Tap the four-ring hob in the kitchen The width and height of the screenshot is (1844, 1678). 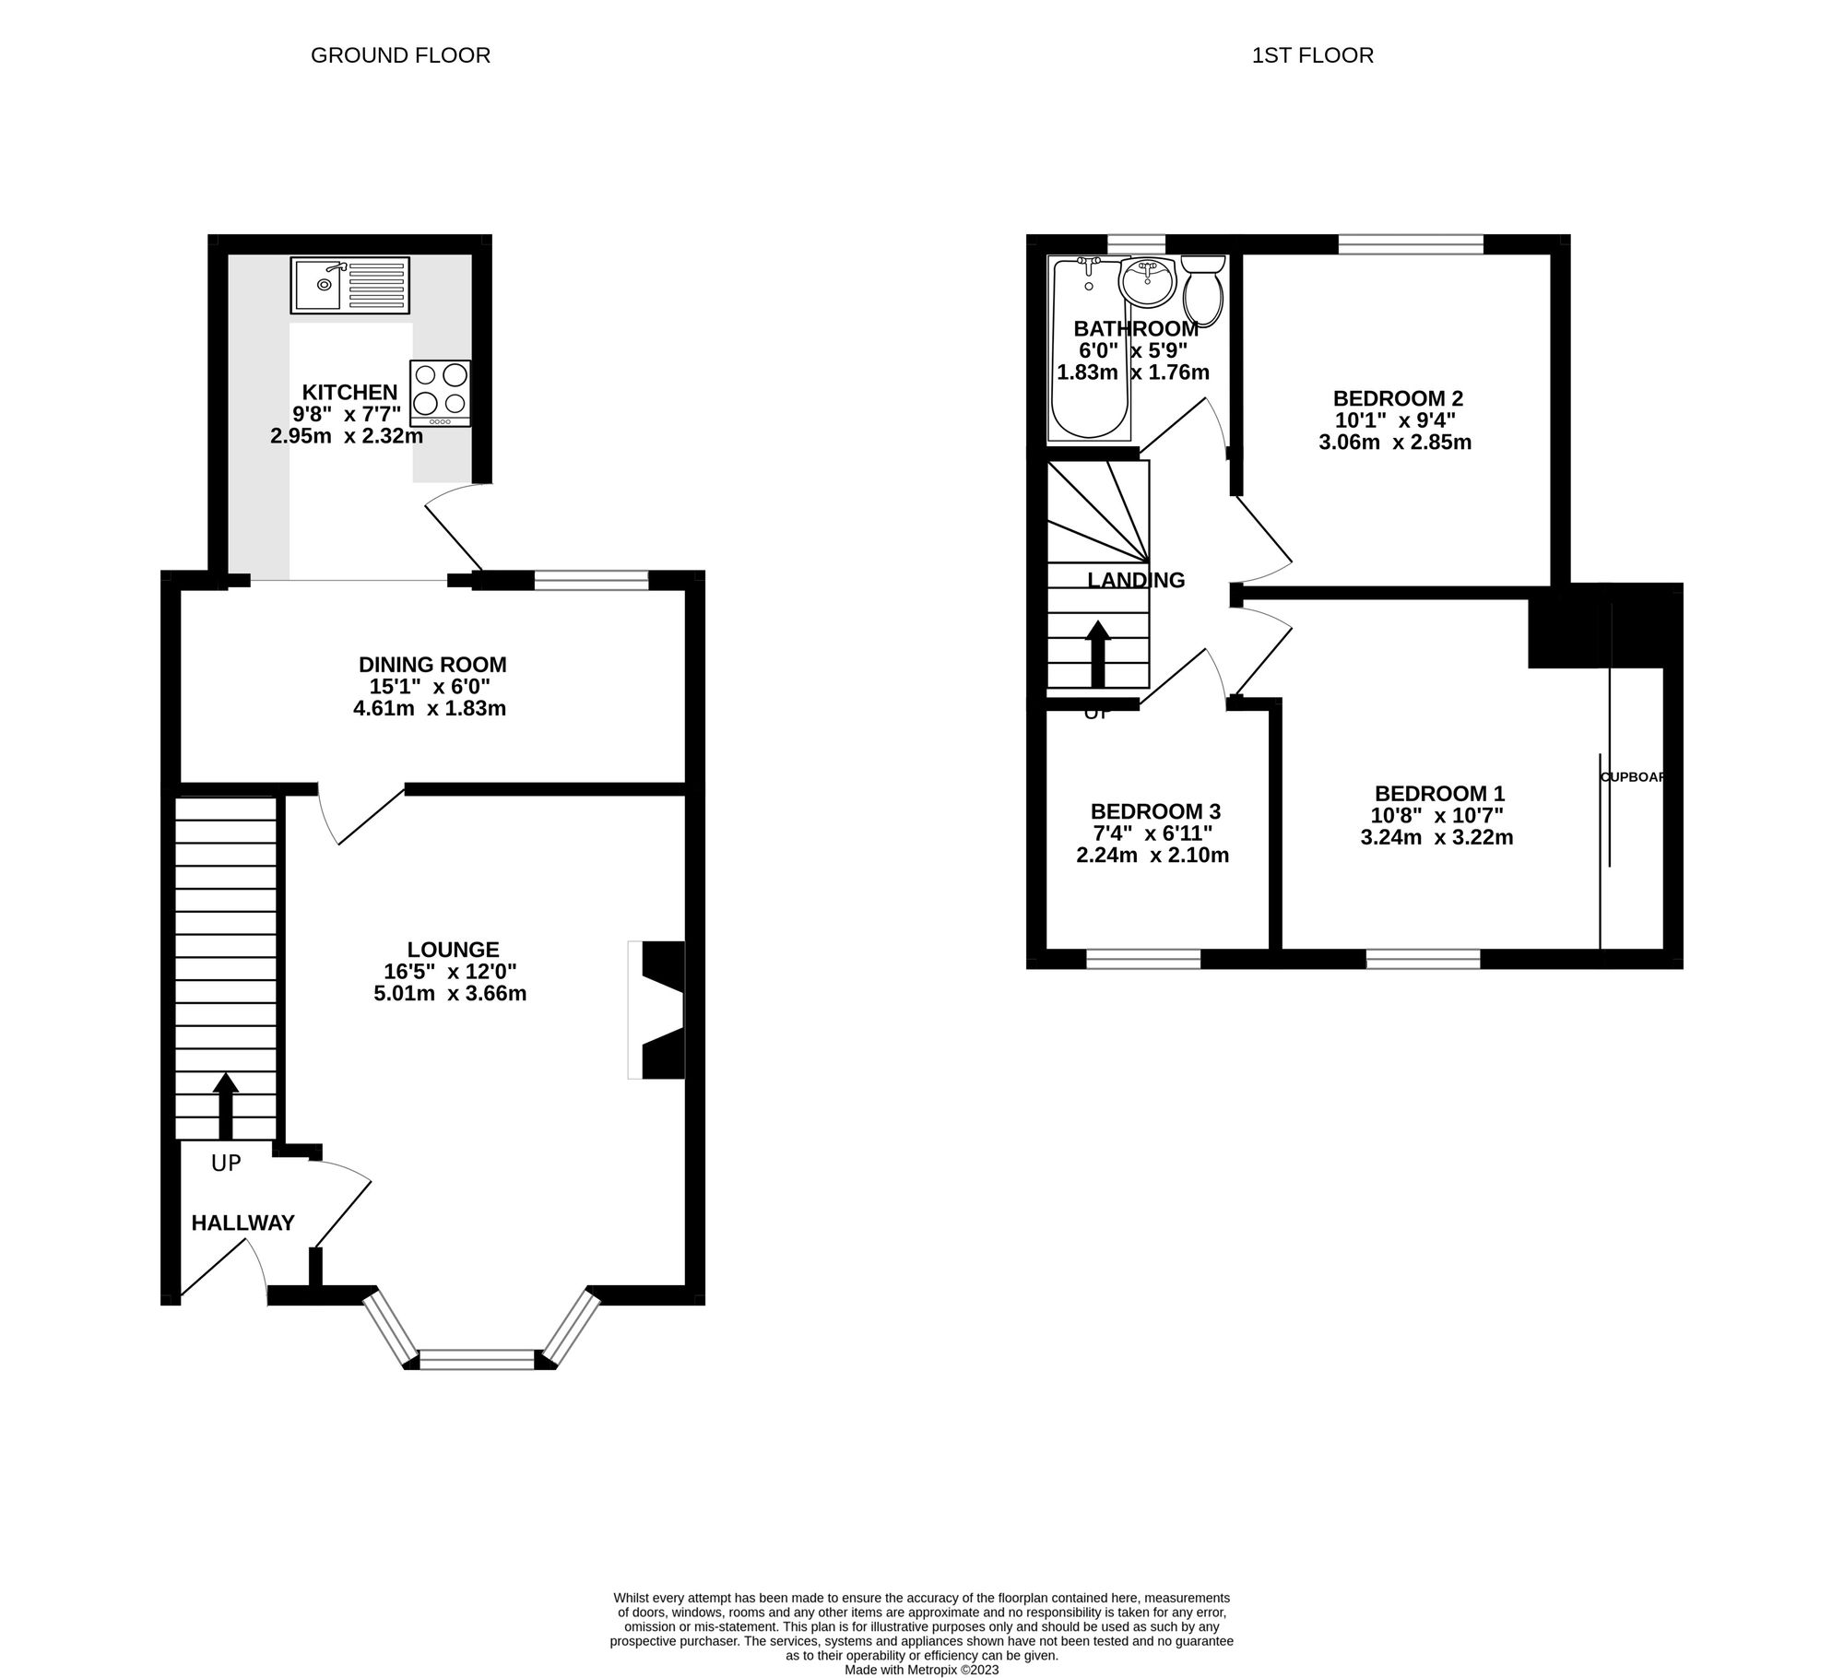pos(440,392)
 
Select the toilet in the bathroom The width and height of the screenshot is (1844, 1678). pos(1203,290)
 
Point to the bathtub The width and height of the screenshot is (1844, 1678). pos(1089,350)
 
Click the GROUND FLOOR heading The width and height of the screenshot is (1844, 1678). pos(400,55)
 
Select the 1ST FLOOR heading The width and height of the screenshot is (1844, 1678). pos(1312,55)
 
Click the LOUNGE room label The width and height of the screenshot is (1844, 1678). pos(453,950)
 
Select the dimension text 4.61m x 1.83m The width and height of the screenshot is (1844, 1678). pos(430,709)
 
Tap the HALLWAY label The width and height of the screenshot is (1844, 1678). pos(242,1223)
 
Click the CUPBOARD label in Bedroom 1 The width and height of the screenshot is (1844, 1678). pos(1633,777)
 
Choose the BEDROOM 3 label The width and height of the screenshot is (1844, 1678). pos(1155,811)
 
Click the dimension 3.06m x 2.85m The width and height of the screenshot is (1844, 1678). pos(1395,443)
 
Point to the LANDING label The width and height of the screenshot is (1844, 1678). pos(1136,580)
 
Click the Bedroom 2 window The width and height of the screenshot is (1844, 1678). pos(1411,244)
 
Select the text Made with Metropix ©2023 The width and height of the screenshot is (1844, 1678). pos(921,1670)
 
